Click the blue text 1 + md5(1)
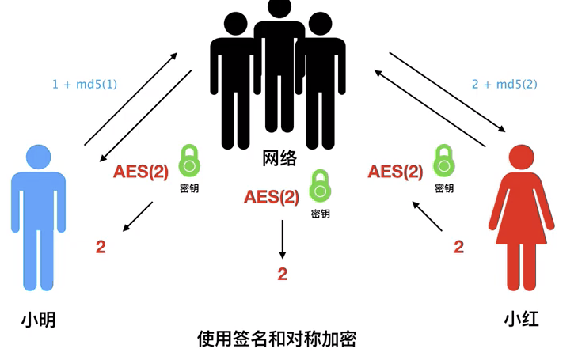85,83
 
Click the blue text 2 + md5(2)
505,83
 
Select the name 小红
522,320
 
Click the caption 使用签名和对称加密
277,339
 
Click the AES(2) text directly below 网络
272,196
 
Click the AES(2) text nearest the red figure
395,172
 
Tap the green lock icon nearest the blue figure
189,161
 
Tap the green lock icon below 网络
320,188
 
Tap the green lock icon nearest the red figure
444,161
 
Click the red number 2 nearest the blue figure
100,246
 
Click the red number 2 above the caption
282,275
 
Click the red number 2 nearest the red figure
458,247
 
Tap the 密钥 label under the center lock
320,214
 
